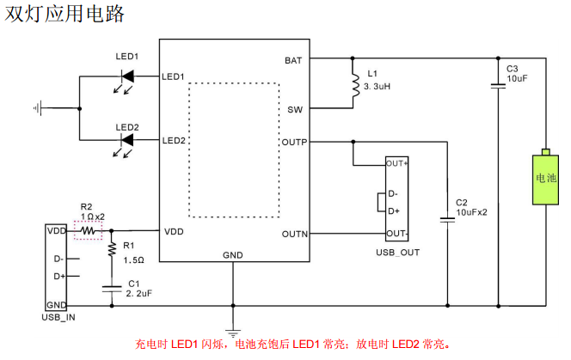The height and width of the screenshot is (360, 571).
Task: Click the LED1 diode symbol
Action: pos(127,76)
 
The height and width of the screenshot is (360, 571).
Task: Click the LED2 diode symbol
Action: pos(127,141)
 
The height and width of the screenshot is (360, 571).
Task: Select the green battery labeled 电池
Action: pos(545,179)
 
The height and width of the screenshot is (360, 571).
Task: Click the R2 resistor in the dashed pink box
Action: pos(88,230)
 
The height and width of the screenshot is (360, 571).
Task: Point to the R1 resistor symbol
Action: pos(111,249)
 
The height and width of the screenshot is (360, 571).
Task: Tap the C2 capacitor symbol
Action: pos(447,220)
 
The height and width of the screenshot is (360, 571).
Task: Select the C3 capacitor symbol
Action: pos(498,85)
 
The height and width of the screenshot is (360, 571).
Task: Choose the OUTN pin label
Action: pos(293,234)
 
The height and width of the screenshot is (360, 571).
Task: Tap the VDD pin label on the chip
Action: pos(174,231)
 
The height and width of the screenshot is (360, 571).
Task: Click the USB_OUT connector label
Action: pos(397,252)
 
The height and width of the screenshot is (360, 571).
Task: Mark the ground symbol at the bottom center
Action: pos(232,331)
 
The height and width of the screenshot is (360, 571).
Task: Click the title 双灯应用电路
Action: pos(65,14)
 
